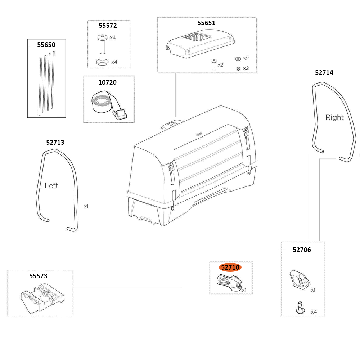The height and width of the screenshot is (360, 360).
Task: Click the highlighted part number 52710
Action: pos(230,267)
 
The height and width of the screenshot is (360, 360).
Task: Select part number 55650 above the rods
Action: pos(46,45)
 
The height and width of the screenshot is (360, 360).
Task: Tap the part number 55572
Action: pos(108,26)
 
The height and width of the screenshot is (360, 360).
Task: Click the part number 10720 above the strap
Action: pos(108,82)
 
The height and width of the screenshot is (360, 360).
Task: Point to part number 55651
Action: pos(206,23)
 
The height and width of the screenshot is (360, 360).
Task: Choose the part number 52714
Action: pos(324,72)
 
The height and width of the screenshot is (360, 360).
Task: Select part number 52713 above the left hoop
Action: pos(55,142)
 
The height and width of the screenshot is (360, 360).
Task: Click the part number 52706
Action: pos(302,249)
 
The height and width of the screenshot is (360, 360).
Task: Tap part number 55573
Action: pos(38,276)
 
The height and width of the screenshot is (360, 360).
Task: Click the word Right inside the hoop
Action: pos(334,117)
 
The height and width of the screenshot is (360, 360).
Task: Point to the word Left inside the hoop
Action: pos(51,186)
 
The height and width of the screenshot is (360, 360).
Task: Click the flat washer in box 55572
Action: pos(103,62)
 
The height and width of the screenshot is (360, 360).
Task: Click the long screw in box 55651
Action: pos(214,64)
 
